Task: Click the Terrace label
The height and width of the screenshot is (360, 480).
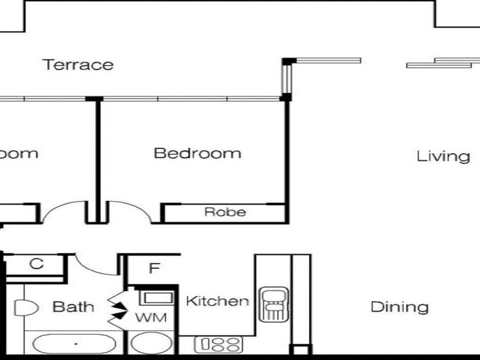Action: tap(78, 64)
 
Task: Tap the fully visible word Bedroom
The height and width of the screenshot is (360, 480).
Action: tap(197, 153)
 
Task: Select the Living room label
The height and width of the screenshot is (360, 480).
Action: tap(443, 157)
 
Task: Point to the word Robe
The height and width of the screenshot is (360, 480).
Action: tap(225, 212)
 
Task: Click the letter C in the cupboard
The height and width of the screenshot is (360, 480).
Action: tap(37, 264)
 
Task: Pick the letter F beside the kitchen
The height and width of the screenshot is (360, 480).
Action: tap(154, 268)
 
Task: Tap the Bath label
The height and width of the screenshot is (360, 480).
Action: tap(74, 307)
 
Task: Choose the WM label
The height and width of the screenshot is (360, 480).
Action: tap(151, 316)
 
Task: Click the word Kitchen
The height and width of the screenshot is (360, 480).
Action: tap(217, 301)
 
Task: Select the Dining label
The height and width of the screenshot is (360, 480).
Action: tap(399, 308)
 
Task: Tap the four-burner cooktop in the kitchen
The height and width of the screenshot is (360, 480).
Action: tap(218, 344)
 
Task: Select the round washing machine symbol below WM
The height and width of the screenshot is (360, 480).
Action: tap(150, 344)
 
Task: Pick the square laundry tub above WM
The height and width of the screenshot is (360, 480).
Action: tap(155, 298)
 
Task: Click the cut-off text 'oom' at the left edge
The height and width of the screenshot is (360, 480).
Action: tap(18, 153)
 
